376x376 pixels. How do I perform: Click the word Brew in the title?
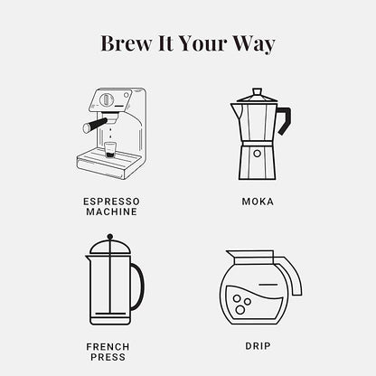pyautogui.click(x=127, y=43)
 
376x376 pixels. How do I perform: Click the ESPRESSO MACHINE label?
pyautogui.click(x=111, y=206)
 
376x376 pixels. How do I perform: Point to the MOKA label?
pyautogui.click(x=258, y=202)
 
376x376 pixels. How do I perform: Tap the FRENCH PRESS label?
pyautogui.click(x=108, y=352)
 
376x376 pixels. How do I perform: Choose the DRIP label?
pyautogui.click(x=258, y=346)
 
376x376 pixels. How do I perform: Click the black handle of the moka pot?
pyautogui.click(x=286, y=119)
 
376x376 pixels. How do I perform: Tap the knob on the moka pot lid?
pyautogui.click(x=257, y=91)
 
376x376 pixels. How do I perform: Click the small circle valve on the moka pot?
pyautogui.click(x=257, y=154)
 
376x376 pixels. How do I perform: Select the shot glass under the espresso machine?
pyautogui.click(x=109, y=149)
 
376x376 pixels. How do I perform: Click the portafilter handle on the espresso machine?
pyautogui.click(x=94, y=125)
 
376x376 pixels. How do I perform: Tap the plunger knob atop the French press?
pyautogui.click(x=110, y=237)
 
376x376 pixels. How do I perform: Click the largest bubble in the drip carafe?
pyautogui.click(x=240, y=309)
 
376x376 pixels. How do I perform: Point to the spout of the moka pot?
pyautogui.click(x=236, y=110)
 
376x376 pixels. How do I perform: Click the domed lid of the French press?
pyautogui.click(x=110, y=248)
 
